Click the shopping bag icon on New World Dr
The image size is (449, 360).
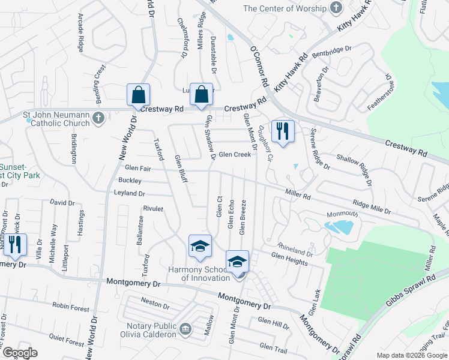point(138,95)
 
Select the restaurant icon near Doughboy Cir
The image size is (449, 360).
point(282,130)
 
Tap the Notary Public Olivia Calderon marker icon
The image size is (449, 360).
point(185,328)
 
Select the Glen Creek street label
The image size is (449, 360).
point(235,155)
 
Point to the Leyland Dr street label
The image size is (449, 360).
point(129,193)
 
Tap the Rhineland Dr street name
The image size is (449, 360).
point(295,249)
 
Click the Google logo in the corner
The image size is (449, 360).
point(20,353)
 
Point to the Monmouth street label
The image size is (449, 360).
point(342,214)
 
